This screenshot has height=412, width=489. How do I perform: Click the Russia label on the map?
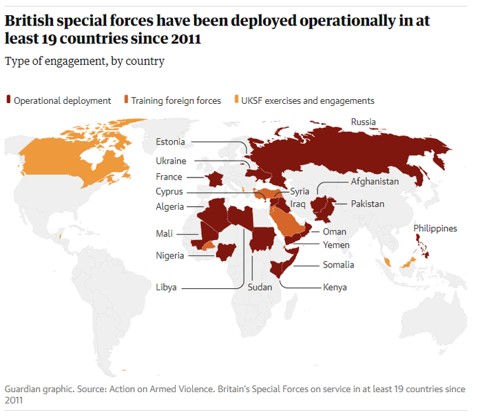click(x=363, y=122)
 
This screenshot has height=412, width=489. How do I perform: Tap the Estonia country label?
click(x=170, y=142)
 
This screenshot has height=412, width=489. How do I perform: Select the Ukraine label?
click(x=171, y=161)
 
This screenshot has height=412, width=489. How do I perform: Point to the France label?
click(x=169, y=177)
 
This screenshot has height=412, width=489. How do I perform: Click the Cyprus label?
click(x=169, y=192)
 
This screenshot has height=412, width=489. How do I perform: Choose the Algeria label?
click(x=169, y=206)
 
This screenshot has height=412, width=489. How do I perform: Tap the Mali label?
click(x=164, y=234)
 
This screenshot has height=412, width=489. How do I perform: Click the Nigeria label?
click(x=169, y=256)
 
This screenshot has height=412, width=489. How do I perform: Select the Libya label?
click(x=166, y=287)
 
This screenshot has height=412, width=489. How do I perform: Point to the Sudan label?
click(x=260, y=287)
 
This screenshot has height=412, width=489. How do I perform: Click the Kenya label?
click(x=335, y=287)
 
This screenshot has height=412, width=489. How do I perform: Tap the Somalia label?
click(x=338, y=265)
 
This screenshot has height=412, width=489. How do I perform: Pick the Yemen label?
click(x=336, y=245)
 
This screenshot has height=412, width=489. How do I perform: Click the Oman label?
click(x=334, y=232)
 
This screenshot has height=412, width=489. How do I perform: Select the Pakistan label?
click(x=367, y=204)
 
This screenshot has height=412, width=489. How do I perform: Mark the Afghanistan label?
click(x=375, y=182)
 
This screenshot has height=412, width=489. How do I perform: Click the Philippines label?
click(x=435, y=228)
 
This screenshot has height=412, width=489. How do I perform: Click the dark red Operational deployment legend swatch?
click(x=8, y=100)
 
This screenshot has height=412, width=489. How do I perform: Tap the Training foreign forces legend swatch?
click(x=126, y=100)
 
